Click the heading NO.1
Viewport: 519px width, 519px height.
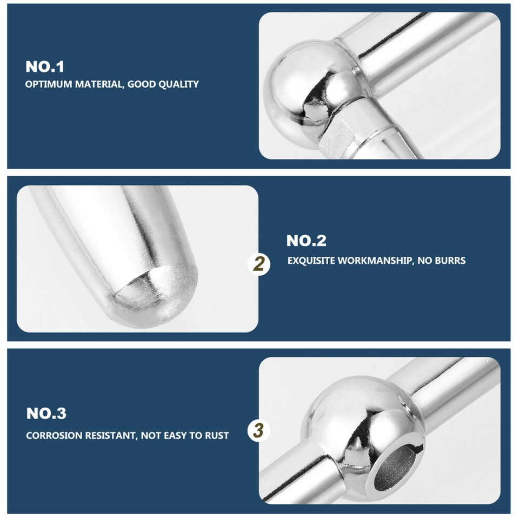pyautogui.click(x=45, y=67)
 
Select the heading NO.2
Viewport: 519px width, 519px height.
pyautogui.click(x=306, y=241)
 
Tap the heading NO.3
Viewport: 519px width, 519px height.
pyautogui.click(x=46, y=414)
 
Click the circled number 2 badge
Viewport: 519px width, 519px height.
pyautogui.click(x=259, y=264)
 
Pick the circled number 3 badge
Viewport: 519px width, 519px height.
pyautogui.click(x=259, y=431)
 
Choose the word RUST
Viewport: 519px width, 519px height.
pyautogui.click(x=216, y=435)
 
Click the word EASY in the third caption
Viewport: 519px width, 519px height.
pyautogui.click(x=175, y=435)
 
